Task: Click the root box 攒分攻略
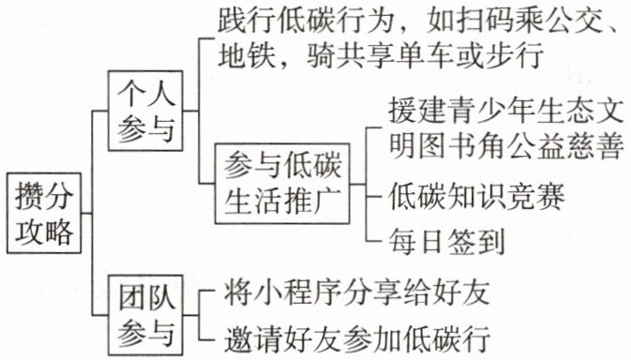[44, 213]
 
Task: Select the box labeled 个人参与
[145, 111]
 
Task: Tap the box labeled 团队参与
[145, 316]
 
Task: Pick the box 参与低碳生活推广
[282, 184]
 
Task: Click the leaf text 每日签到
[446, 241]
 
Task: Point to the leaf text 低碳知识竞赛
[476, 196]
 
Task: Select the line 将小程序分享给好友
[357, 292]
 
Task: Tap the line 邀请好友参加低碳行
[357, 338]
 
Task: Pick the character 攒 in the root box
[29, 197]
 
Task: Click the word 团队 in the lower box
[146, 298]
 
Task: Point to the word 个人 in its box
[146, 94]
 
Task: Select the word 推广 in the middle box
[312, 201]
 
